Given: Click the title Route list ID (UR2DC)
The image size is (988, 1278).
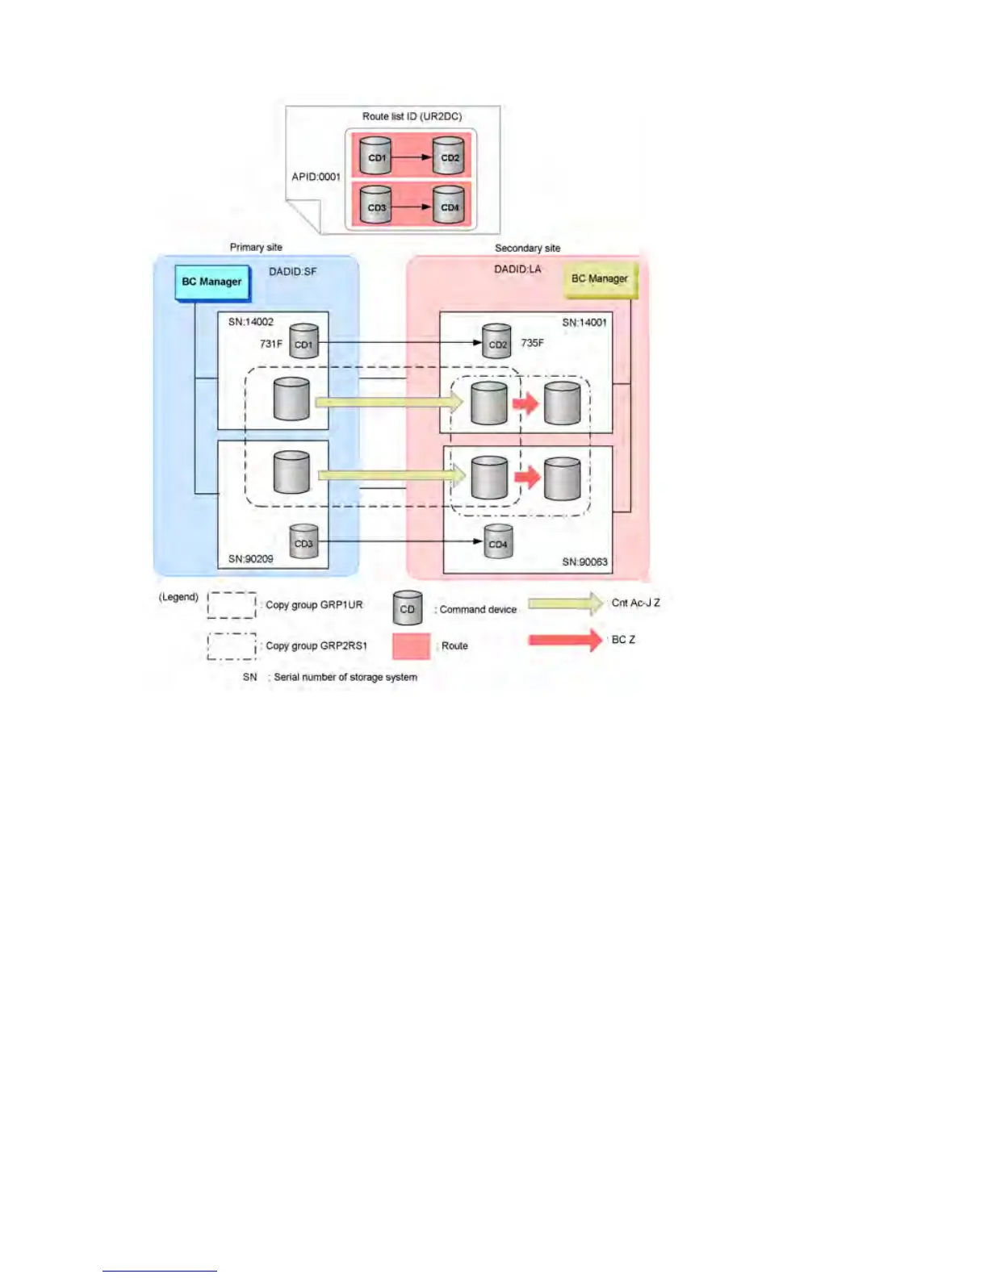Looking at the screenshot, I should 412,116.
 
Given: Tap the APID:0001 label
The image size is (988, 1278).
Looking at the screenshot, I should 316,177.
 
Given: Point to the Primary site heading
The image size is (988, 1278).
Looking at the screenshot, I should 256,247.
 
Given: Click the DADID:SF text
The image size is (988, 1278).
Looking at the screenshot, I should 292,272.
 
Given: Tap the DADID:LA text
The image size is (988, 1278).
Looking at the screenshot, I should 517,269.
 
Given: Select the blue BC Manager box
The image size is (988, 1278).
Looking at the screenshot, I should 211,282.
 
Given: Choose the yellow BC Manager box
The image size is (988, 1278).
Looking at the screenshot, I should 599,279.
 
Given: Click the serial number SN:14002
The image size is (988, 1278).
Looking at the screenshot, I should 250,322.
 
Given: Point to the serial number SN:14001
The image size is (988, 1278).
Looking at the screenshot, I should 584,323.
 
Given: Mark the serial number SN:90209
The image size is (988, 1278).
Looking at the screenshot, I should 250,558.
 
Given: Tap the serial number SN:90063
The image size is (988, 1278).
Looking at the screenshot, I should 584,562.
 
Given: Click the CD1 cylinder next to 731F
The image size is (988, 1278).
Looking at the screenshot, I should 304,342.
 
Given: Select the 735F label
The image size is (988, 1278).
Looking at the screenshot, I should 532,343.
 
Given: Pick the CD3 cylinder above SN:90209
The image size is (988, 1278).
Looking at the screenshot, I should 304,542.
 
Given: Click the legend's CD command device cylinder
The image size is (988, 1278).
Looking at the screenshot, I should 408,608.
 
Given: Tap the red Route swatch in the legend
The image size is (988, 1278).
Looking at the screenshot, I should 411,646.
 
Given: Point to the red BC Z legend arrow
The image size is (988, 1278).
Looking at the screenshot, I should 565,640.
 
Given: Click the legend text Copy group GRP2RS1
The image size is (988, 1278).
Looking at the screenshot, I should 316,645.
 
